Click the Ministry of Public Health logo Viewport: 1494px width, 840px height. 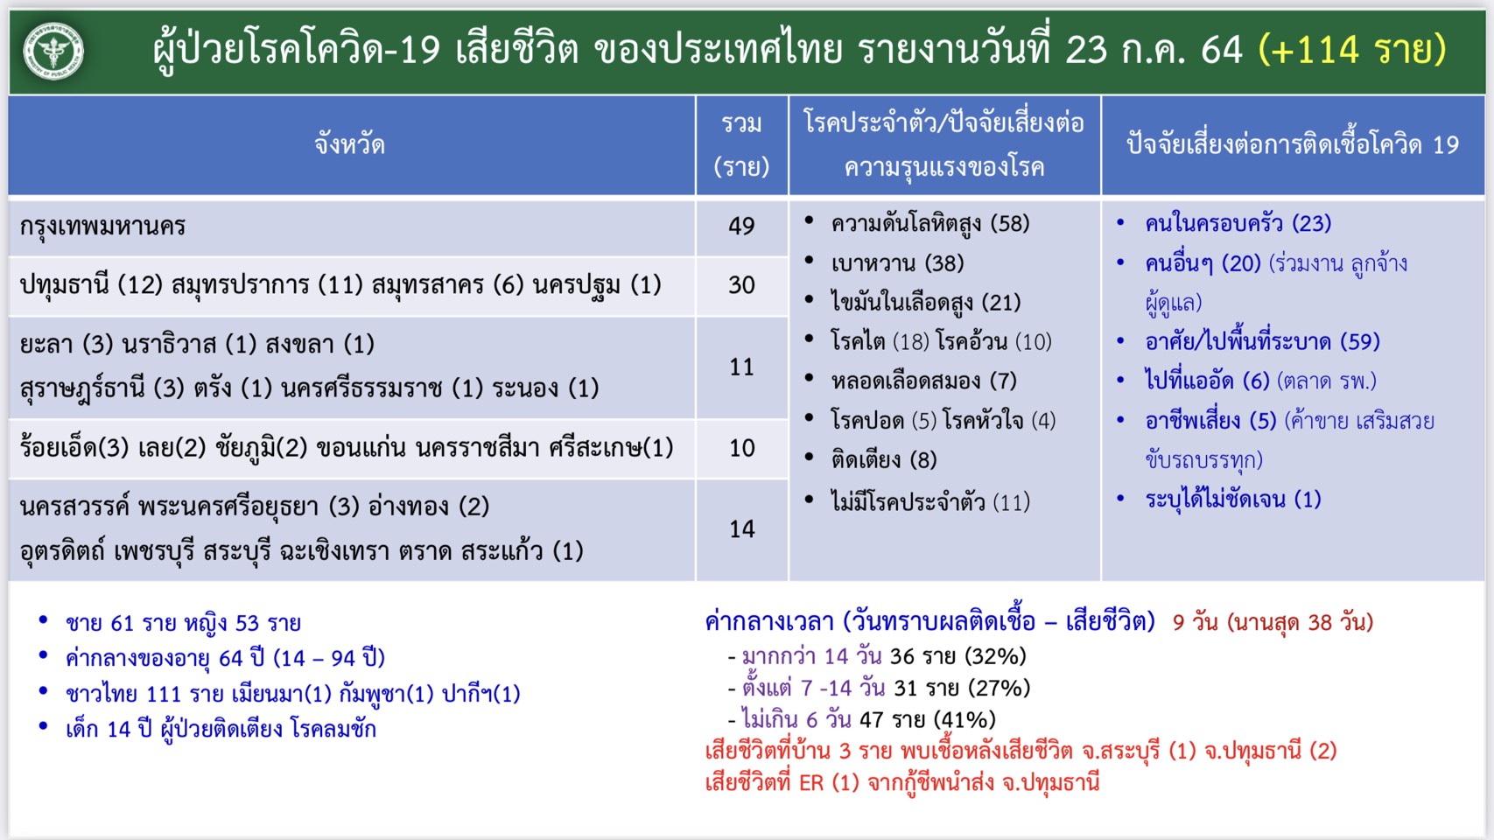point(53,52)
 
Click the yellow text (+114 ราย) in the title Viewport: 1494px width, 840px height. point(1352,50)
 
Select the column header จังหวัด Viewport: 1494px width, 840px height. point(349,144)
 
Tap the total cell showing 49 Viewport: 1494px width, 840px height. point(741,226)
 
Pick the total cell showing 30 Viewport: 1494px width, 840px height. point(741,285)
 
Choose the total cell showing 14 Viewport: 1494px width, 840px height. point(741,529)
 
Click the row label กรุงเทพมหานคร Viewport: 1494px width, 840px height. point(102,227)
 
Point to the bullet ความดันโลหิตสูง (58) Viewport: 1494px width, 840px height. point(929,223)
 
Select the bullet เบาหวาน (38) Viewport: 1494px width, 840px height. point(897,264)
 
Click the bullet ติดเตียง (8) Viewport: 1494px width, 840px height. point(884,459)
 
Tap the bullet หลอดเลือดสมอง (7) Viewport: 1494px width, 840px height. point(923,381)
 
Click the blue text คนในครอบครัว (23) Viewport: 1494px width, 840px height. point(1238,223)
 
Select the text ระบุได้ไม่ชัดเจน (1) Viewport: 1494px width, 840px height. point(1232,500)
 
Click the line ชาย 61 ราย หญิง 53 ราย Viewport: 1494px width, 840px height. point(183,623)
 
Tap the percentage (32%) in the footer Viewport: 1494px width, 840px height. point(995,656)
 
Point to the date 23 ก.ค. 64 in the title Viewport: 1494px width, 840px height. point(1154,50)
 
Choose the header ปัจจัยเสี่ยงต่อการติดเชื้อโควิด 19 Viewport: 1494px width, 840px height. point(1293,144)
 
